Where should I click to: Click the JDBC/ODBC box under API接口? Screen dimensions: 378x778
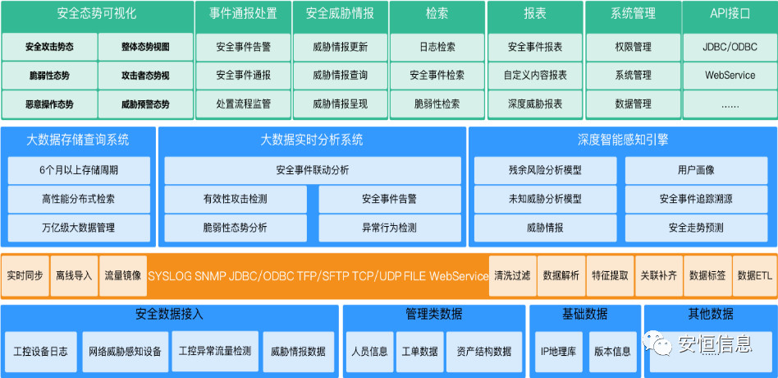point(730,47)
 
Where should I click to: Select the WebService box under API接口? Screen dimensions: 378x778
point(730,76)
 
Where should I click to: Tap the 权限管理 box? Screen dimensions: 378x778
point(632,47)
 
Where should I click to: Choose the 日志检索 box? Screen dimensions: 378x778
point(437,47)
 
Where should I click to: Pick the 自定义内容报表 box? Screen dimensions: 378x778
point(535,76)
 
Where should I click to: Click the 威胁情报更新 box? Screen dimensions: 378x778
point(340,47)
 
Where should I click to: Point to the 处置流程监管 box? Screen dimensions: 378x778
point(243,104)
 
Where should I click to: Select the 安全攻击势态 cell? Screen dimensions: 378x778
point(49,47)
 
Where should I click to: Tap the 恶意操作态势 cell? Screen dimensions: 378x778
point(49,104)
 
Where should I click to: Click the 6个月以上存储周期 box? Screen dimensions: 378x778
point(79,170)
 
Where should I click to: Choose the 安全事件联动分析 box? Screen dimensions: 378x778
point(312,170)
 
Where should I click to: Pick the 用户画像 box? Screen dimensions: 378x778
point(696,170)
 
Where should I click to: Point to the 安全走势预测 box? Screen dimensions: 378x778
point(696,228)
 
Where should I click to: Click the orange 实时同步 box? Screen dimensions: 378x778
point(25,275)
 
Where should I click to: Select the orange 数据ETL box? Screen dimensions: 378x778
point(754,275)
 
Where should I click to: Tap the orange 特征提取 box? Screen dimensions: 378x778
point(610,275)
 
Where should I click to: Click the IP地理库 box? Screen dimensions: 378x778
point(559,351)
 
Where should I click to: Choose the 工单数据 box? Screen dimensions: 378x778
point(419,351)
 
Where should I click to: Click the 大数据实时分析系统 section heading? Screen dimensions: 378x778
point(312,140)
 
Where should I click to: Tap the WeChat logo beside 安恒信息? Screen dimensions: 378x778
point(660,342)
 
